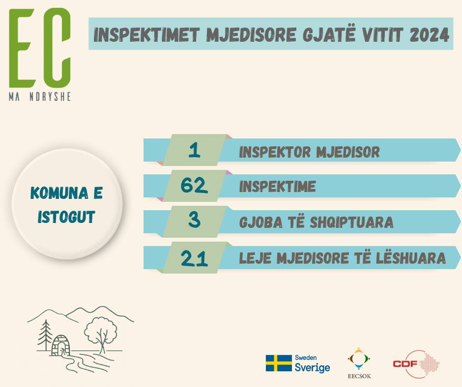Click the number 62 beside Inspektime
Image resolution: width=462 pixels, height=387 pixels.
(x=194, y=186)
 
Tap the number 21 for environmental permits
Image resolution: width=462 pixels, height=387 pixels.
(x=194, y=258)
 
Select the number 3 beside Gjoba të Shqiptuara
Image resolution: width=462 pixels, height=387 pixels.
(x=194, y=220)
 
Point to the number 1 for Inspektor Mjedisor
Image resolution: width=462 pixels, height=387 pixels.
(x=194, y=150)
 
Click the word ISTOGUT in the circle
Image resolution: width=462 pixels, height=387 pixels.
(x=66, y=217)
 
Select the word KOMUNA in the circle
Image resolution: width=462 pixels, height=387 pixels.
(x=59, y=193)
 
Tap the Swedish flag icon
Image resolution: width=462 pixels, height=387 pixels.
(x=279, y=363)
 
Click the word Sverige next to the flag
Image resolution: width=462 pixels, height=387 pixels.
(x=312, y=367)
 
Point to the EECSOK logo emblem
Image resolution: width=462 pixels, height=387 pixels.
(x=359, y=359)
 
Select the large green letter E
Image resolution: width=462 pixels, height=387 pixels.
(x=22, y=48)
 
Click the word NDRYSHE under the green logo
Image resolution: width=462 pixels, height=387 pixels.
(x=50, y=97)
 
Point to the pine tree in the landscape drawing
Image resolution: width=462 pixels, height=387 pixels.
(x=45, y=335)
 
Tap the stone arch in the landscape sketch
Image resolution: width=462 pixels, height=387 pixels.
(x=61, y=345)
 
